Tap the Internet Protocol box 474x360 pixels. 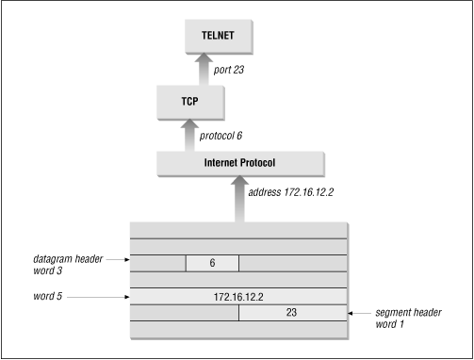click(239, 163)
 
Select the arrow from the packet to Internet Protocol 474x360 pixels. click(239, 200)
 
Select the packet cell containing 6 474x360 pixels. click(212, 264)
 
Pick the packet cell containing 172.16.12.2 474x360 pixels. click(239, 296)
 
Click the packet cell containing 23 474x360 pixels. click(294, 312)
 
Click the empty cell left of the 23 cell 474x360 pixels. click(184, 312)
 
